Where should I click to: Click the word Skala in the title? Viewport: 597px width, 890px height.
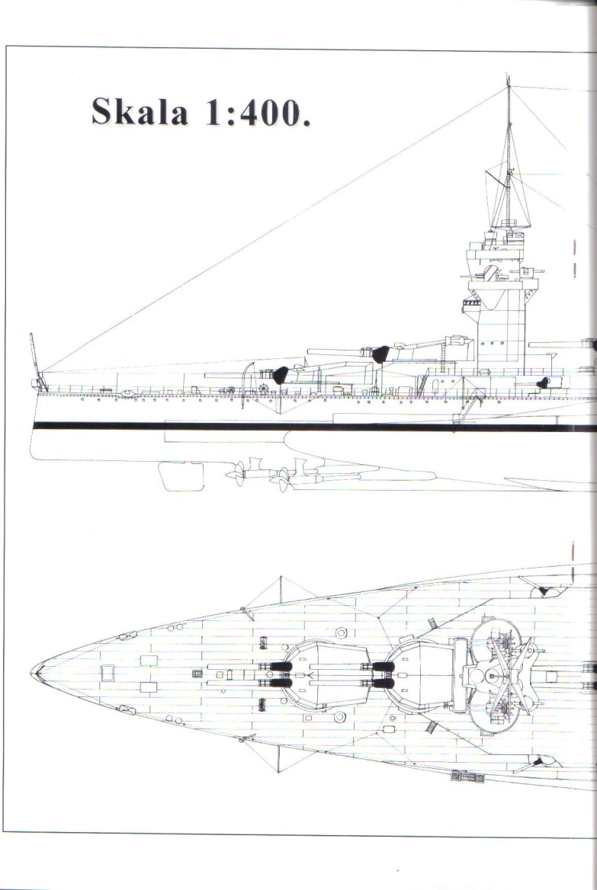[140, 111]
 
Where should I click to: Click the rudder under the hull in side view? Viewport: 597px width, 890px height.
[181, 475]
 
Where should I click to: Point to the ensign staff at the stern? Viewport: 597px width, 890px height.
[34, 355]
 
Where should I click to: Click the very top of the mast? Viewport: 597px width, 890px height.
[508, 79]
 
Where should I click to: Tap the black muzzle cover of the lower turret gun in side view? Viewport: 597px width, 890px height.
[281, 375]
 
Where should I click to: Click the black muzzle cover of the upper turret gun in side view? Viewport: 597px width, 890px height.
[380, 354]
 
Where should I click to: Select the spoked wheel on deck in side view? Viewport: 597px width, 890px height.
[264, 389]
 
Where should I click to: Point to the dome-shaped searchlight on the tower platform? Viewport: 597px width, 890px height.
[490, 273]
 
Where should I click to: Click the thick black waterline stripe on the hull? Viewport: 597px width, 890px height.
[305, 427]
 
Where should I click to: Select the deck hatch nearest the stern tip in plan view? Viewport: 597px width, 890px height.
[108, 672]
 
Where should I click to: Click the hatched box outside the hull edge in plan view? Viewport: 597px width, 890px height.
[467, 776]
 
